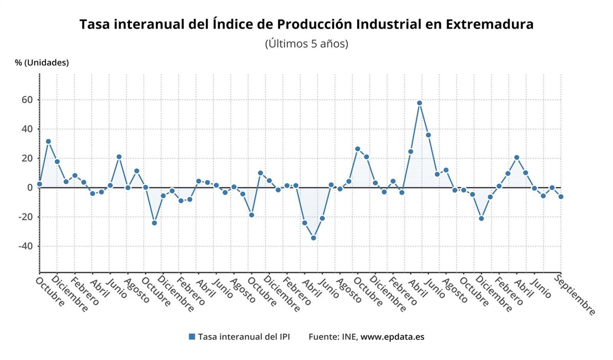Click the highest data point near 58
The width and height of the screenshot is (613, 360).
[419, 103]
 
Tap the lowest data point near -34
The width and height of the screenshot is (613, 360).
[313, 238]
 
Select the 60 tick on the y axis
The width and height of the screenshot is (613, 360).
[27, 100]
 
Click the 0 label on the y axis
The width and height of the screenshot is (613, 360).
[30, 188]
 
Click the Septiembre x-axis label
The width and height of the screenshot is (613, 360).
[575, 295]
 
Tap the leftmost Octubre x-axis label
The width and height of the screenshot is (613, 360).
[51, 292]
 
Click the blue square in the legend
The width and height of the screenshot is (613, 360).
[192, 337]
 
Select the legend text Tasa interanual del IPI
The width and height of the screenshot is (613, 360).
[244, 337]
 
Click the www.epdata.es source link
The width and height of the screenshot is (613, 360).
[392, 337]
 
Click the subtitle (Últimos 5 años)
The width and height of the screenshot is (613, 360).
[306, 44]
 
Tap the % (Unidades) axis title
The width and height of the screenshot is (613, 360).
[42, 63]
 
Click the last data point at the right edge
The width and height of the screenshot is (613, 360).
[561, 197]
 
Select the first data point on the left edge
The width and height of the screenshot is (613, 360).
[39, 184]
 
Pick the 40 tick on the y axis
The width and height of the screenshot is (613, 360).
[27, 129]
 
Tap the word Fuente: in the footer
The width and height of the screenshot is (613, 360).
[323, 337]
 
